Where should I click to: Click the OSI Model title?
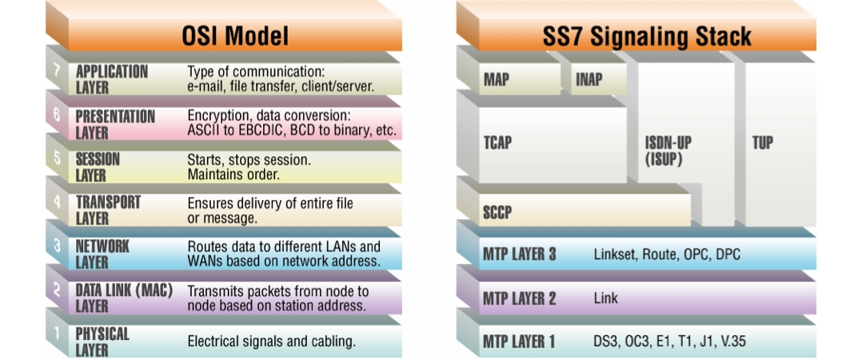click(x=235, y=36)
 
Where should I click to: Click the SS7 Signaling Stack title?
click(x=647, y=36)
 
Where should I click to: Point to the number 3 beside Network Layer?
click(x=58, y=246)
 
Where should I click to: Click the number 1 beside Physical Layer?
click(x=58, y=334)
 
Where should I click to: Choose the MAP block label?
click(x=496, y=80)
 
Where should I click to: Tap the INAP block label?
click(x=589, y=80)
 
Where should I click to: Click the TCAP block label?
click(x=497, y=143)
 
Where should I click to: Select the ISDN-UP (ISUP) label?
click(x=668, y=151)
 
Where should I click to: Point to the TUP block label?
click(x=763, y=143)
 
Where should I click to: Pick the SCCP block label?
click(x=497, y=212)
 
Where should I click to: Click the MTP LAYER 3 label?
click(x=520, y=254)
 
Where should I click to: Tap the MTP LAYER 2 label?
click(x=520, y=298)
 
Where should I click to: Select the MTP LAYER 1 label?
click(x=519, y=342)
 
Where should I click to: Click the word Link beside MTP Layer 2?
click(x=606, y=298)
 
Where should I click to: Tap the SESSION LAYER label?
click(x=98, y=167)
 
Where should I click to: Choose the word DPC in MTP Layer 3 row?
click(x=728, y=254)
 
